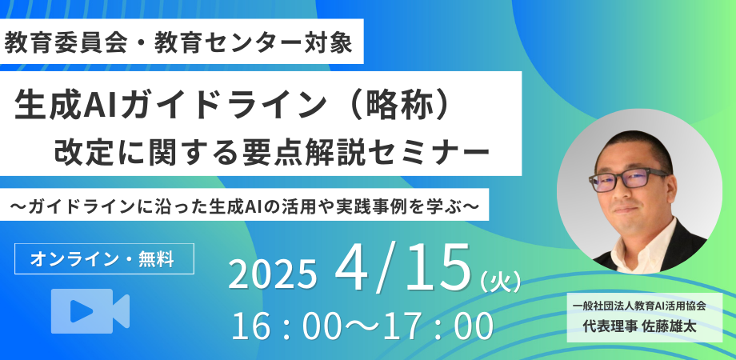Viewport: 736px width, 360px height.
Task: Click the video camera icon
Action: point(90,311)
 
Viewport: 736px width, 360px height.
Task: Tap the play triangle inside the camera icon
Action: point(82,311)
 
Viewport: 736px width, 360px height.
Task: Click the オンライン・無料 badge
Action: point(104,258)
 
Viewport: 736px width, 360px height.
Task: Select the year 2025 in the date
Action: point(272,274)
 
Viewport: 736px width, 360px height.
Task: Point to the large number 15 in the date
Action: point(438,266)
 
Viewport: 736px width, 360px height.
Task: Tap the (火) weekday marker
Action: point(500,282)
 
